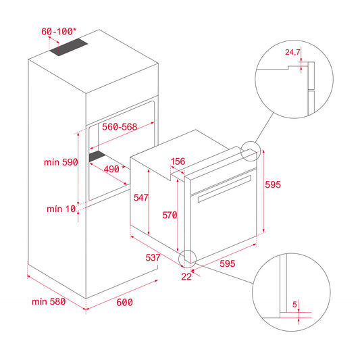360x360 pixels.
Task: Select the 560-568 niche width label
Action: click(121, 126)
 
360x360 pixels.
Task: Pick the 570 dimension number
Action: click(169, 215)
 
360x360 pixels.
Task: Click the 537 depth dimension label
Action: click(153, 257)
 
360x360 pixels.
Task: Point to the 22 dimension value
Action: click(186, 276)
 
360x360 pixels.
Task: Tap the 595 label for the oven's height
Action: click(272, 184)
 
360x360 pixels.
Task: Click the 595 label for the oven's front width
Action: click(228, 263)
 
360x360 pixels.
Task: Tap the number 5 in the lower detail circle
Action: click(294, 304)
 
